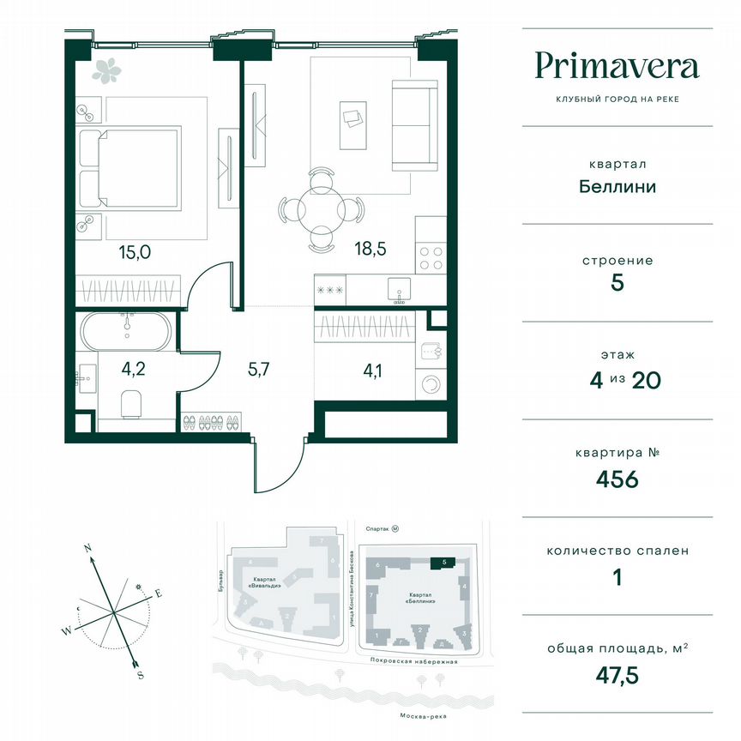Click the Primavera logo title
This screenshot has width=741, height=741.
(x=617, y=66)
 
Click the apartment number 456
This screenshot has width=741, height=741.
(x=617, y=479)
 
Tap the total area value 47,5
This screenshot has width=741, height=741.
(x=617, y=675)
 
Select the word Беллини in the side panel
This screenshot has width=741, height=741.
(x=617, y=186)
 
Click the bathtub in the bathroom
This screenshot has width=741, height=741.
(x=125, y=331)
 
